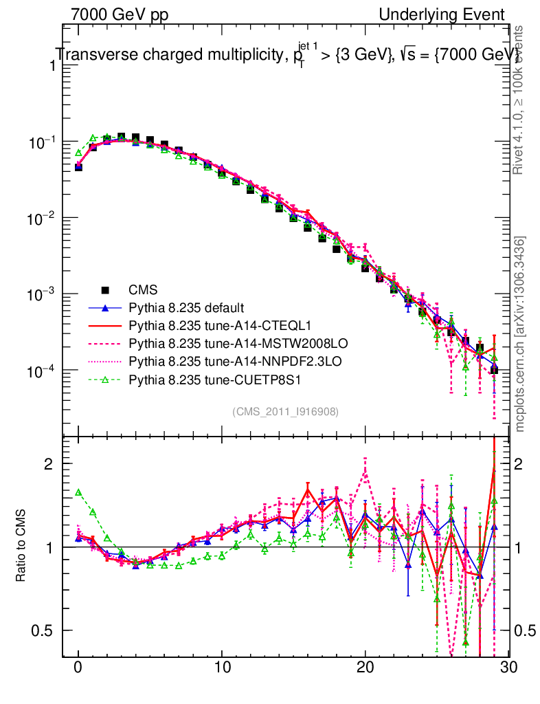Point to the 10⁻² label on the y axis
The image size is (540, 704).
pyautogui.click(x=41, y=219)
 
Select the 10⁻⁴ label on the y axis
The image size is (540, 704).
pyautogui.click(x=41, y=371)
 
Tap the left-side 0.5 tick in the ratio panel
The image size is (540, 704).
pyautogui.click(x=46, y=630)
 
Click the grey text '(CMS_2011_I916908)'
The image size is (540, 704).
pyautogui.click(x=285, y=411)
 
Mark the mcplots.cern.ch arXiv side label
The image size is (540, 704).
pyautogui.click(x=520, y=333)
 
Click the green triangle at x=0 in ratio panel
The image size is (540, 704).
pyautogui.click(x=78, y=492)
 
